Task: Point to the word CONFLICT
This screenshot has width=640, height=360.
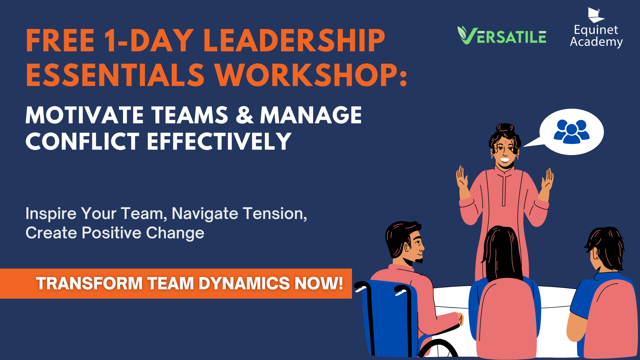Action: pyautogui.click(x=82, y=141)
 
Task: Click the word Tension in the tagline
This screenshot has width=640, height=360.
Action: pyautogui.click(x=275, y=214)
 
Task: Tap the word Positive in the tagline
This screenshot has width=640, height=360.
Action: pyautogui.click(x=111, y=233)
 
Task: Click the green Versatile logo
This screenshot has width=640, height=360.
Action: pyautogui.click(x=502, y=35)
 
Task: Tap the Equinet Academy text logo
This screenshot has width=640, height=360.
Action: pyautogui.click(x=596, y=36)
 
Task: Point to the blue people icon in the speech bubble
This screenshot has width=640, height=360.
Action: pyautogui.click(x=572, y=132)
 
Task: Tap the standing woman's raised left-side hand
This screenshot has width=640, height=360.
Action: pyautogui.click(x=462, y=178)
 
